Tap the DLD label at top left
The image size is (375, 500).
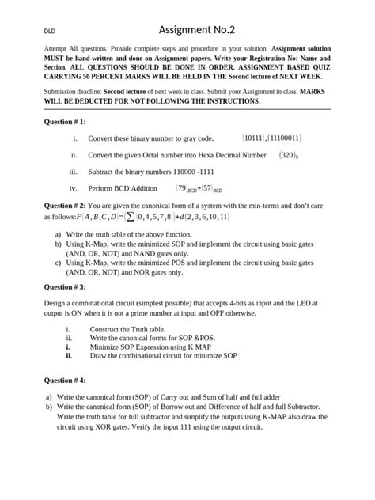[50, 32]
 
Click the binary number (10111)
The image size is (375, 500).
[255, 138]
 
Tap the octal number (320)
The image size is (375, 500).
[286, 155]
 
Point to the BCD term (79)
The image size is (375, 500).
[185, 188]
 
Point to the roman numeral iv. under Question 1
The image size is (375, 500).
[74, 188]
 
